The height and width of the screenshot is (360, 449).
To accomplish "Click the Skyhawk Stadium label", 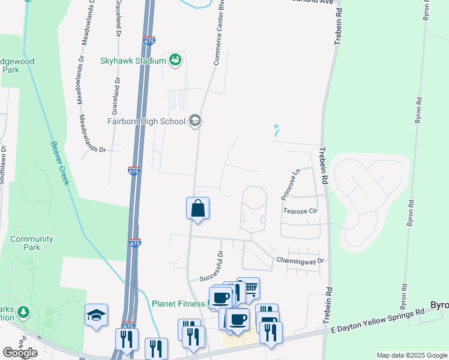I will pos(133,61).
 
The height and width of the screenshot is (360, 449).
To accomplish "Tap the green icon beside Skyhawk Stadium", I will pos(175,61).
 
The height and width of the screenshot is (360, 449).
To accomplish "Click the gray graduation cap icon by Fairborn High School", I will pos(194,121).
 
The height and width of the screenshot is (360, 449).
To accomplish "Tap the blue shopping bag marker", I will pos(197,209).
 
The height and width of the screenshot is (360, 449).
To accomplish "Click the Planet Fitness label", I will pos(178,304).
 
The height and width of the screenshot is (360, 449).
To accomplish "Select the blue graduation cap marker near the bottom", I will pos(96,315).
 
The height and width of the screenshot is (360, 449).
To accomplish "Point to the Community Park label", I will pos(32,243).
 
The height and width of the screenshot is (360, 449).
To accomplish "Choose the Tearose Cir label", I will pos(300,211).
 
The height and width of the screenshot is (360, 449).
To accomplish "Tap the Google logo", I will pos(19,352).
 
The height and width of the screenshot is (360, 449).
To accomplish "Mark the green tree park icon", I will pos(23,312).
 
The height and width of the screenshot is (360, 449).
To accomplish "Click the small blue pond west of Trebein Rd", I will pos(276,130).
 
